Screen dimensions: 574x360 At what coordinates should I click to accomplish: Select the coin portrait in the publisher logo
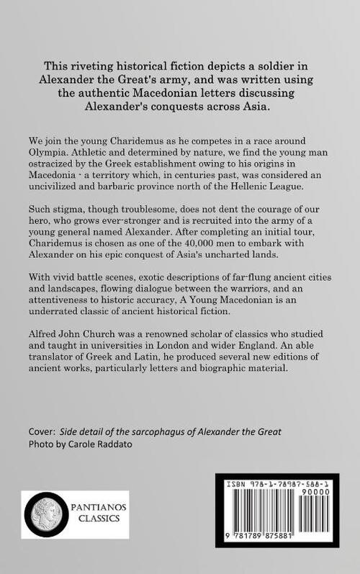pos(45,514)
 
